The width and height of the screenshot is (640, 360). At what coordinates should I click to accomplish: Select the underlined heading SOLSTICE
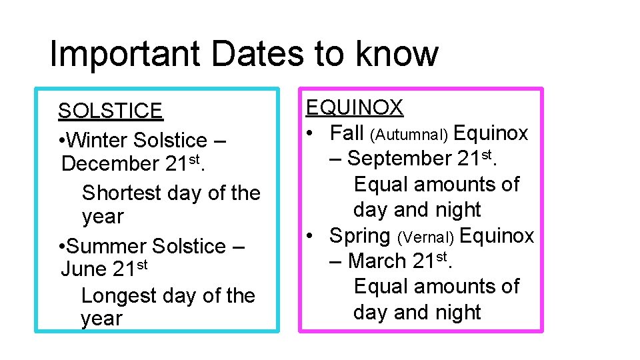tap(110, 111)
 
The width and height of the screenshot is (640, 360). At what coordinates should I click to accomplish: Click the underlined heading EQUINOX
tap(355, 107)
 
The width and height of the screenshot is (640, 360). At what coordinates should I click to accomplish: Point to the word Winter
tap(98, 140)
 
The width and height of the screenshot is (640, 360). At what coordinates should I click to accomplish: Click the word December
tap(108, 163)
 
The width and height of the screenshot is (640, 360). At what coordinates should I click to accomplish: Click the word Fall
tap(346, 133)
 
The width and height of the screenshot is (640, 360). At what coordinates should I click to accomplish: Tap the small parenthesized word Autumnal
tap(409, 135)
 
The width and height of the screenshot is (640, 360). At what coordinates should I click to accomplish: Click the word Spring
tap(360, 235)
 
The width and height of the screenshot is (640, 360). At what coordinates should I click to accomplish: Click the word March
tap(377, 261)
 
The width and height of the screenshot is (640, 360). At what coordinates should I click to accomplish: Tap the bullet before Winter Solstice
tap(61, 141)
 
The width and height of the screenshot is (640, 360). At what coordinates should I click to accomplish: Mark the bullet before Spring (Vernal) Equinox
tap(310, 236)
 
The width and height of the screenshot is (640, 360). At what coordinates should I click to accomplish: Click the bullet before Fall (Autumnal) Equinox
tap(310, 133)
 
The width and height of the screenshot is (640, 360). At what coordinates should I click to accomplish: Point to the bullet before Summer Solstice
tap(61, 247)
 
